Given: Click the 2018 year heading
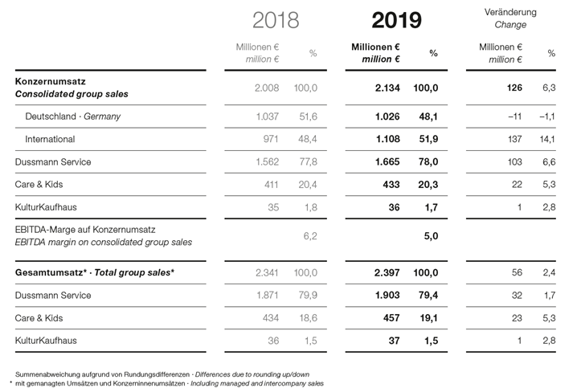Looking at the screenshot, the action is pos(276,20).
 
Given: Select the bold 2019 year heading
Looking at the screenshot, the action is pos(396,20).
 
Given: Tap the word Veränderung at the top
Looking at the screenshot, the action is pos(510,12).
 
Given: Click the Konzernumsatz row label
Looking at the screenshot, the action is pos(50,81).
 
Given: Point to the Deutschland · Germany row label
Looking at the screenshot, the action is pos(72,116).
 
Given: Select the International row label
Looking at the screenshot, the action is pos(50,139).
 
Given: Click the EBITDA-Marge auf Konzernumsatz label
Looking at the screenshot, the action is pos(85,230).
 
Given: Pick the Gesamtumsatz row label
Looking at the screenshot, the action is pos(51,272).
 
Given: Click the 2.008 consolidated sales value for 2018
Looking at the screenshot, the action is pos(267,88).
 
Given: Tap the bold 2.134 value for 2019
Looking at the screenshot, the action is pos(387,88).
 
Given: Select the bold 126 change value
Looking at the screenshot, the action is pos(514,88).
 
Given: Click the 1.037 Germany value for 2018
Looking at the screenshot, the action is pos(267,116).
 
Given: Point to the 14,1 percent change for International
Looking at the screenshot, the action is pos(547,140).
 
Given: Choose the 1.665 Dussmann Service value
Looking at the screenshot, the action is pos(387,161).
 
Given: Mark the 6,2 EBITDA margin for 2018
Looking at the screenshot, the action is pos(310,236).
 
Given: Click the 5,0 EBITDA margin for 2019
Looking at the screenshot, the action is pos(431,236).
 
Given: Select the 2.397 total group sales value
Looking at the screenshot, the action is pos(387,273).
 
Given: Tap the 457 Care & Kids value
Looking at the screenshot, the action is pos(391,318).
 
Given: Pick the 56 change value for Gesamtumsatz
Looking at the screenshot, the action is pos(517,272).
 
